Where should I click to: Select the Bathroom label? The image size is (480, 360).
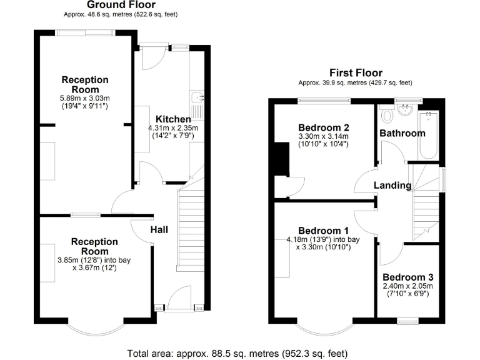tap(402, 133)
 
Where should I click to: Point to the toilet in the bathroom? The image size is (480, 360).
tap(387, 115)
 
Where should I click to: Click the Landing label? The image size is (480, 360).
tap(392, 185)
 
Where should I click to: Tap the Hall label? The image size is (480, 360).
tap(159, 230)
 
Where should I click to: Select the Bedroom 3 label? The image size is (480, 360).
tap(407, 277)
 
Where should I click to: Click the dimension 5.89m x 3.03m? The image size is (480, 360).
tap(85, 98)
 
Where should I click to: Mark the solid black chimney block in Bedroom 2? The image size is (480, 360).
tap(281, 159)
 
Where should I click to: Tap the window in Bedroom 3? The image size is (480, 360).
tap(408, 321)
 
